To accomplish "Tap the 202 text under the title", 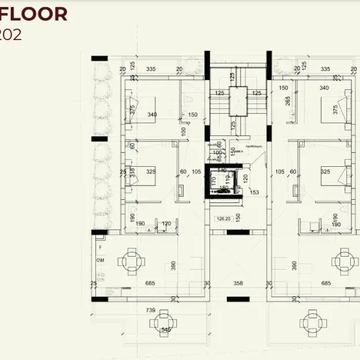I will point(14,35).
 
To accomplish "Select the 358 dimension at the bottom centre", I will point(238,284).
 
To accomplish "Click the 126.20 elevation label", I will point(224,218).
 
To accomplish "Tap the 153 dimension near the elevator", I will point(254,192).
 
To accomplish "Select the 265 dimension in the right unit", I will point(288,100).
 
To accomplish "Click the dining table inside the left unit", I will point(132,262).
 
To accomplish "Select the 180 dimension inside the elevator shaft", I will point(225,187).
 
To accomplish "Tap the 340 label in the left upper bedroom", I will point(152,115).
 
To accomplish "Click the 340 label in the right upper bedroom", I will point(324,88).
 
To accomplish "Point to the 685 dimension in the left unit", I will point(150,284).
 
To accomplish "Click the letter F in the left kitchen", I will point(100,248).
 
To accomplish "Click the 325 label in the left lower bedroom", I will point(152,172).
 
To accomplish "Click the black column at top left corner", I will point(98,58).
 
